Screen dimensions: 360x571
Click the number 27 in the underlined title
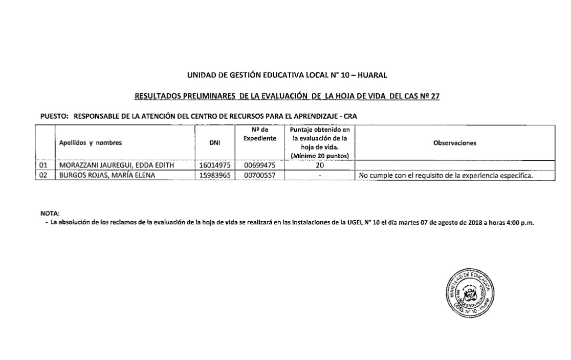click(435, 96)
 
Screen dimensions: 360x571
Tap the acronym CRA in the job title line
click(350, 116)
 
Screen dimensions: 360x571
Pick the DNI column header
click(215, 143)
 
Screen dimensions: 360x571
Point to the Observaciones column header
click(454, 143)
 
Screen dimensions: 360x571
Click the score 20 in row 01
click(319, 165)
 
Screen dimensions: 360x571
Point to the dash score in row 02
click(319, 176)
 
